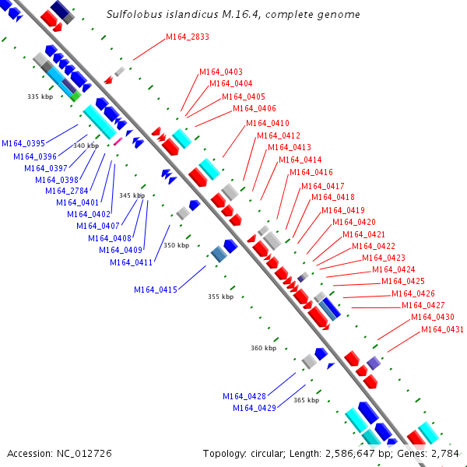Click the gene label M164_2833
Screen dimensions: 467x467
[188, 37]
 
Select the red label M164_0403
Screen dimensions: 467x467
[221, 72]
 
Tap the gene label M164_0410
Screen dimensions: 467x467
[268, 123]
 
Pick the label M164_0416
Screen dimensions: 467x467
[311, 172]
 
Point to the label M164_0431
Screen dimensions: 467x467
[442, 329]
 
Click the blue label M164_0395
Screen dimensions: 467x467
[23, 143]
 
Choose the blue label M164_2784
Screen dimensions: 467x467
[67, 191]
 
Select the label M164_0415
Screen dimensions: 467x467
[156, 290]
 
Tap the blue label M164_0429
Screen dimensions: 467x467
[255, 408]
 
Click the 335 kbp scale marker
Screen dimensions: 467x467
[40, 97]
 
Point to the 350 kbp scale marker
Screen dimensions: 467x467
[177, 245]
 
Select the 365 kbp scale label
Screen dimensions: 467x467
[307, 400]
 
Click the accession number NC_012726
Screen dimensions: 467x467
[84, 454]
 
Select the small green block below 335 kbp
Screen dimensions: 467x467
[75, 97]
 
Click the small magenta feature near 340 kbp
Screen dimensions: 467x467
[118, 141]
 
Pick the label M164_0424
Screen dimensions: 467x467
[394, 269]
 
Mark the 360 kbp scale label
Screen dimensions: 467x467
[264, 348]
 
